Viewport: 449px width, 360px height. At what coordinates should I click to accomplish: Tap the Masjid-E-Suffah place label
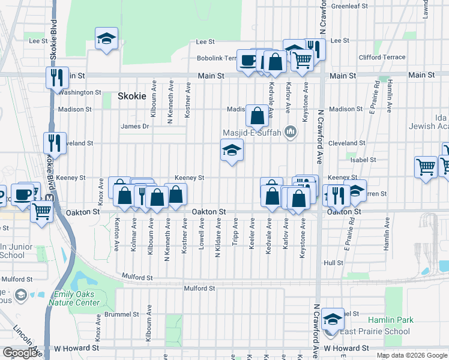252,132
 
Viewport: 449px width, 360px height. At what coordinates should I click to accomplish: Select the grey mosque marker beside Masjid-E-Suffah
291,131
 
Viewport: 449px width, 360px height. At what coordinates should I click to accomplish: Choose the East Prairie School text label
376,331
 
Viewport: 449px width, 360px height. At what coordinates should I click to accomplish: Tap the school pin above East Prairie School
332,319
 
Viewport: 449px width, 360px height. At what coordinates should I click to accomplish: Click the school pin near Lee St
107,39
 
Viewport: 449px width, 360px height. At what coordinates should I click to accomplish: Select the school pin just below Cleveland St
232,150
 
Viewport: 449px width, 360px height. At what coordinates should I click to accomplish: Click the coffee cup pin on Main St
247,60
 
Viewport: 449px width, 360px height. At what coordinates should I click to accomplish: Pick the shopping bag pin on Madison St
257,116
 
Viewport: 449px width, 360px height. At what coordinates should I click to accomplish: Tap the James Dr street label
134,126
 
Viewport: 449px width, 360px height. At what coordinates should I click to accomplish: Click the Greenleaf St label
349,6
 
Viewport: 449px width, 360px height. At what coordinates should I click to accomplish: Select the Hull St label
333,263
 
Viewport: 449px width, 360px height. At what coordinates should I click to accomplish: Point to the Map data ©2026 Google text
411,355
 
